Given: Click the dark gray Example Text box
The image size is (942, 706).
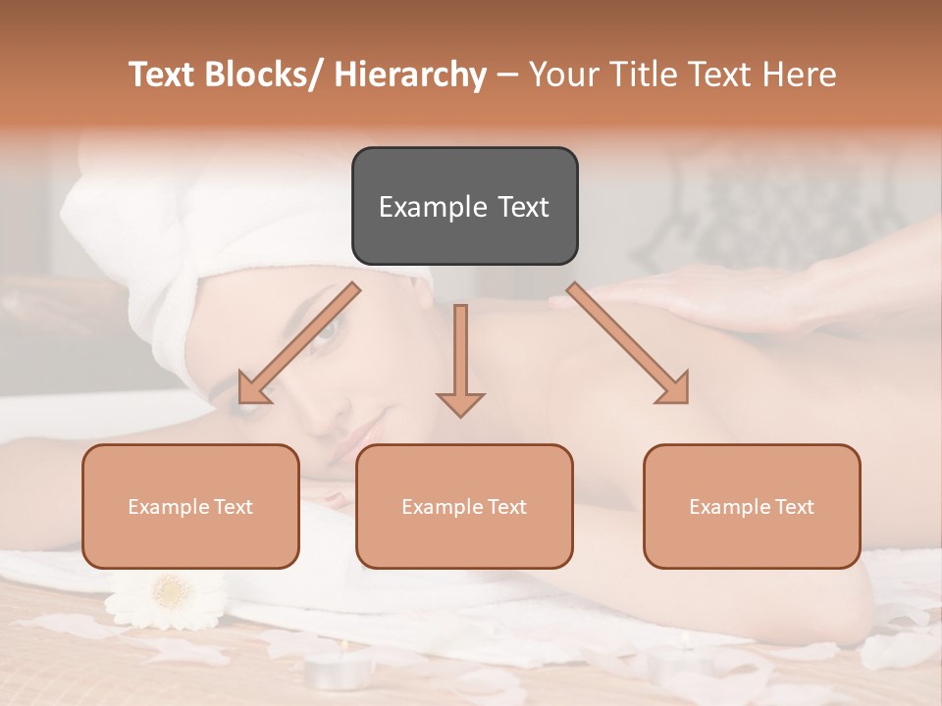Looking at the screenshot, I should [x=464, y=206].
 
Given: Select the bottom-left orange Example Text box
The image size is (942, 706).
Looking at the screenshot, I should [x=190, y=506].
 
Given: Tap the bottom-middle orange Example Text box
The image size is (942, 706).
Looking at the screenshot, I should [x=464, y=506].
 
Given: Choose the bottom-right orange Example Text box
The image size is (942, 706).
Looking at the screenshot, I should [x=752, y=506].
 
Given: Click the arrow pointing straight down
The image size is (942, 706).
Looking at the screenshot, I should [x=460, y=363].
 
